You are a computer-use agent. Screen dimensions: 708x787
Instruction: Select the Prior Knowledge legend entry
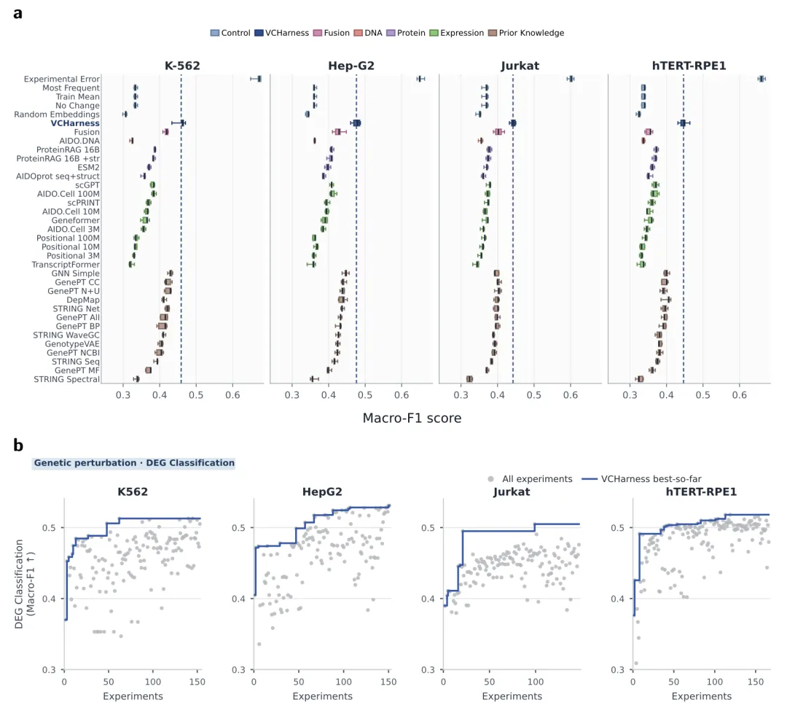tap(525, 33)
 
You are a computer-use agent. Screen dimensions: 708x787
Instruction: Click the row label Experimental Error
tap(62, 79)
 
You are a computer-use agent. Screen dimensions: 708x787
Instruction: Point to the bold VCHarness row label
tap(75, 123)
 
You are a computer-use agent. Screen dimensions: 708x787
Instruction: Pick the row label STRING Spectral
tap(67, 379)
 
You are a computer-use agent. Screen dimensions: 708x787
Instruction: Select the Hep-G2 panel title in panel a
tap(351, 66)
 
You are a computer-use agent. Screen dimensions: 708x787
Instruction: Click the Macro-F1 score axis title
tap(412, 418)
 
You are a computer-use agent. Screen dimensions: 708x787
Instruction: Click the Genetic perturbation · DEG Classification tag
tap(134, 463)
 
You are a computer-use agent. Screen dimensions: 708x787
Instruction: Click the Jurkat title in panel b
tap(512, 492)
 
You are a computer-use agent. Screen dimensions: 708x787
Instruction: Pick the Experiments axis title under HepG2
tap(322, 696)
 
